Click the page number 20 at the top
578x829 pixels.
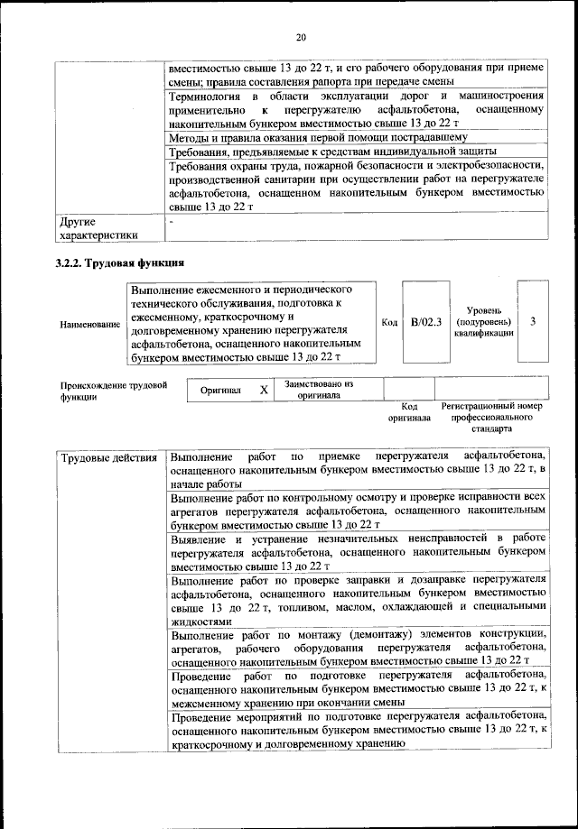301,37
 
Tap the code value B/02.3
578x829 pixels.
425,323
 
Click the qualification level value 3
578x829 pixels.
533,322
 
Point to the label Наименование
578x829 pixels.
89,324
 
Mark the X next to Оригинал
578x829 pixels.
263,390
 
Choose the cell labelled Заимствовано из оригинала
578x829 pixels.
319,390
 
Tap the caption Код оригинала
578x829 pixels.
409,412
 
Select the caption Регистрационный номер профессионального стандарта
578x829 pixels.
491,418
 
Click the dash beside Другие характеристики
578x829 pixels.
172,220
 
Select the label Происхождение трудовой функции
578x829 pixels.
114,391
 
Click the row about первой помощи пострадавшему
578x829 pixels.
318,137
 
